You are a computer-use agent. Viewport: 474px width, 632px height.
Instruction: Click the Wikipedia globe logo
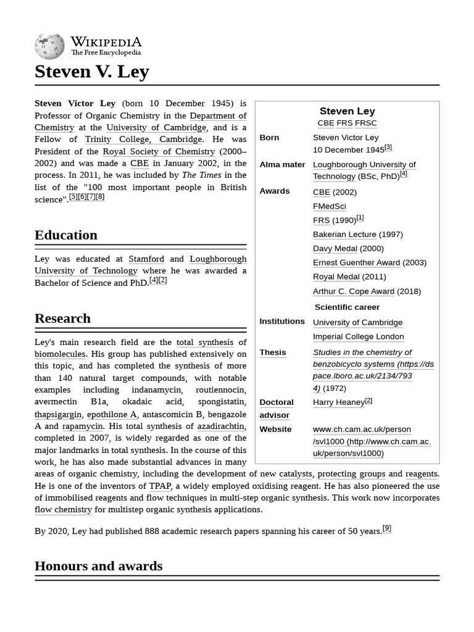[49, 46]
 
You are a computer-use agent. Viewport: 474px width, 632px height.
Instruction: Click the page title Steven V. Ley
[92, 72]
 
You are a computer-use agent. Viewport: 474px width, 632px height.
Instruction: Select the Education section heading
[66, 235]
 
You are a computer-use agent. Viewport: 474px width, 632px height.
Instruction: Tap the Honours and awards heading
[99, 566]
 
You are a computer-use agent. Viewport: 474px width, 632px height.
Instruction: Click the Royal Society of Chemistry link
[159, 151]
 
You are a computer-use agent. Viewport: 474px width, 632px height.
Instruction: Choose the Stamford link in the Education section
[146, 259]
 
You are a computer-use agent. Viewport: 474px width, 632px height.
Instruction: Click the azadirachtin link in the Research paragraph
[221, 426]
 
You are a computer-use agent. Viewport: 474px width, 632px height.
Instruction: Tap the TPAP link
[159, 486]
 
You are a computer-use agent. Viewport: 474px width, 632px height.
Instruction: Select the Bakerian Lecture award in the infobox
[344, 235]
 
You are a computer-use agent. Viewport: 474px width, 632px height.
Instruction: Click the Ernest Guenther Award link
[356, 263]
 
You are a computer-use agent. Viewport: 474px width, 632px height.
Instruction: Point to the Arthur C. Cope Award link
[354, 291]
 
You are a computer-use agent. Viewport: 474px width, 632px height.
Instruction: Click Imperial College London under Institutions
[358, 337]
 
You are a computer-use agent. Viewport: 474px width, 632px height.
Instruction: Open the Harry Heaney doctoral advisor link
[338, 402]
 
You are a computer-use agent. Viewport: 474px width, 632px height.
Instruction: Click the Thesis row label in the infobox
[273, 352]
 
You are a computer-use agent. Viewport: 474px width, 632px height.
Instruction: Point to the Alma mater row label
[282, 165]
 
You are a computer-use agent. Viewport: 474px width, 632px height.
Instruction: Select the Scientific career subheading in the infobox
[347, 307]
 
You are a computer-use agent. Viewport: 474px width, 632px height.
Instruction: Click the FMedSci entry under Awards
[329, 206]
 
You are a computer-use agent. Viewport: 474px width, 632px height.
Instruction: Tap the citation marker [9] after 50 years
[387, 528]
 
